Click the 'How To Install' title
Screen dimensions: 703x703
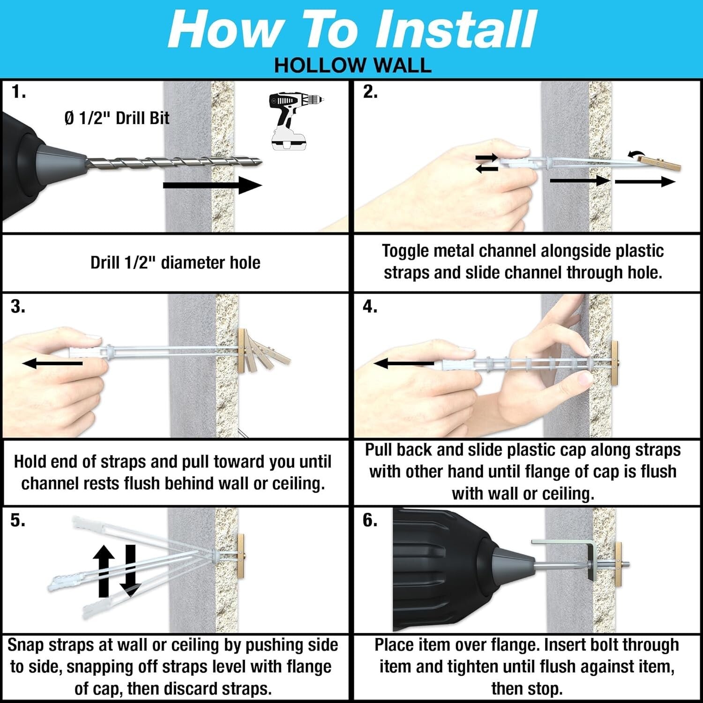click(351, 29)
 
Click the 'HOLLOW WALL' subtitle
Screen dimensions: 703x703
click(352, 66)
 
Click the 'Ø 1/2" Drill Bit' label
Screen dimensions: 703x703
click(117, 118)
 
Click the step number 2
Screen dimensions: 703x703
click(370, 92)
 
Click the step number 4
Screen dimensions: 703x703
click(370, 307)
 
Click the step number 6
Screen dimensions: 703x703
click(370, 520)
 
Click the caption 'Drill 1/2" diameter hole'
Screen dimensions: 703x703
click(175, 262)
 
